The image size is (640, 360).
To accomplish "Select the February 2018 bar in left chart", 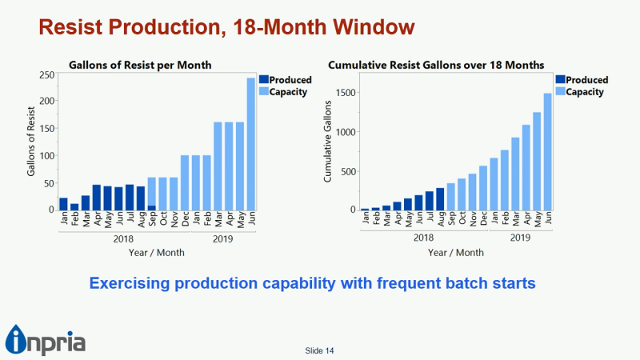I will coord(74,206).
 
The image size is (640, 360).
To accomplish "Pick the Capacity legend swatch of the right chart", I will coord(559,92).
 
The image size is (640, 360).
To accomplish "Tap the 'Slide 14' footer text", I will coord(319,350).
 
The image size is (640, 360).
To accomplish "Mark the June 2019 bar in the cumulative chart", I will coord(547,151).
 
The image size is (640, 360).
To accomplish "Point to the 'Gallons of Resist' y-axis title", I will coord(32,142).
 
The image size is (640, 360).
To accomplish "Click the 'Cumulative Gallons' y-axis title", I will coord(328,142).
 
